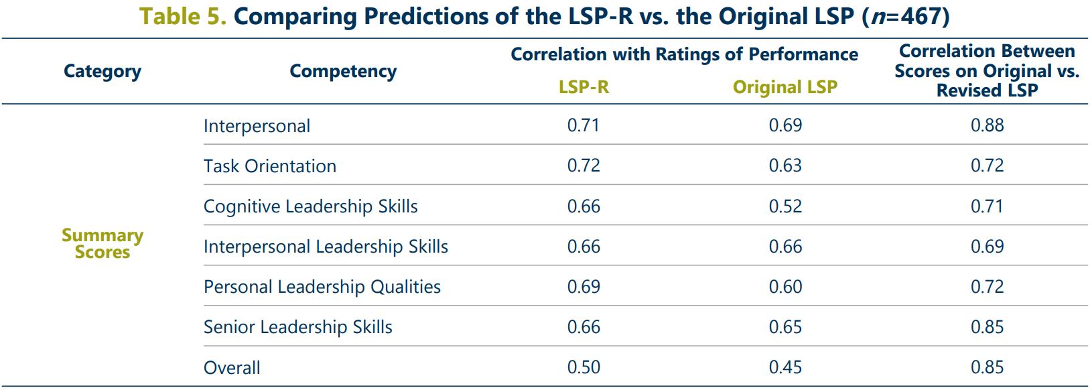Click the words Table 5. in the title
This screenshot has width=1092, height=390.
[182, 16]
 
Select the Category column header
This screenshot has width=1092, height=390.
[103, 71]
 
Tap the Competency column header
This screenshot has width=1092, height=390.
[343, 71]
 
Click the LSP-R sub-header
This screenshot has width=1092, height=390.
[584, 87]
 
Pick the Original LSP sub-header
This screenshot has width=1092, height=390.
[785, 87]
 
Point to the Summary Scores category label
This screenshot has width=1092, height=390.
[103, 244]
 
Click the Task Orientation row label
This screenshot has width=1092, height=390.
[270, 166]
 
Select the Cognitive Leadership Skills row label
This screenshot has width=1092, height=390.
[311, 206]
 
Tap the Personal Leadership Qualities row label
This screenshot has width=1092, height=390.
[322, 287]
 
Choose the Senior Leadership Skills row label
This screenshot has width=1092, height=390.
[298, 327]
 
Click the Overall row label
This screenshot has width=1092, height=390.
[232, 368]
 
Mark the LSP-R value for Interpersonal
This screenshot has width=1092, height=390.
[584, 125]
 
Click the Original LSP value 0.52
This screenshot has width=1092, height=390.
[785, 206]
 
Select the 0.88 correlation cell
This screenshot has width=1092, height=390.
[987, 125]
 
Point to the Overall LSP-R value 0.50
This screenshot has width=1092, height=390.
[584, 367]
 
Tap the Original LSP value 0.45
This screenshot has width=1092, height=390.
[785, 367]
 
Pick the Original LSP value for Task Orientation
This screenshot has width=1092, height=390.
[785, 166]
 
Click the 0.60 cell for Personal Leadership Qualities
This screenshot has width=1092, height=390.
[785, 287]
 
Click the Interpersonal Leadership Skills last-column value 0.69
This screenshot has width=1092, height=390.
[987, 247]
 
